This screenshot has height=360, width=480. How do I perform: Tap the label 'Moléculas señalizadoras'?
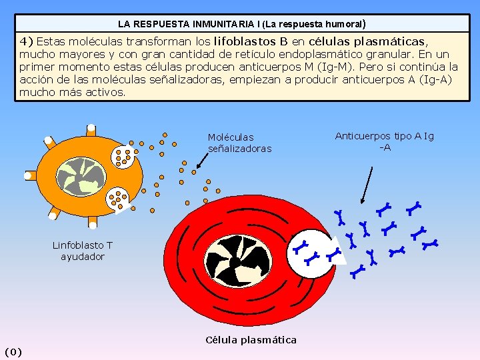point(239,143)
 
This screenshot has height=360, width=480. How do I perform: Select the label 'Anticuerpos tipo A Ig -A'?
point(384,141)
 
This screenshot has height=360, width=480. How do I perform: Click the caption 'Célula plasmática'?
point(251,340)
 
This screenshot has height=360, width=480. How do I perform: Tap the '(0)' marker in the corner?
point(13,351)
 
